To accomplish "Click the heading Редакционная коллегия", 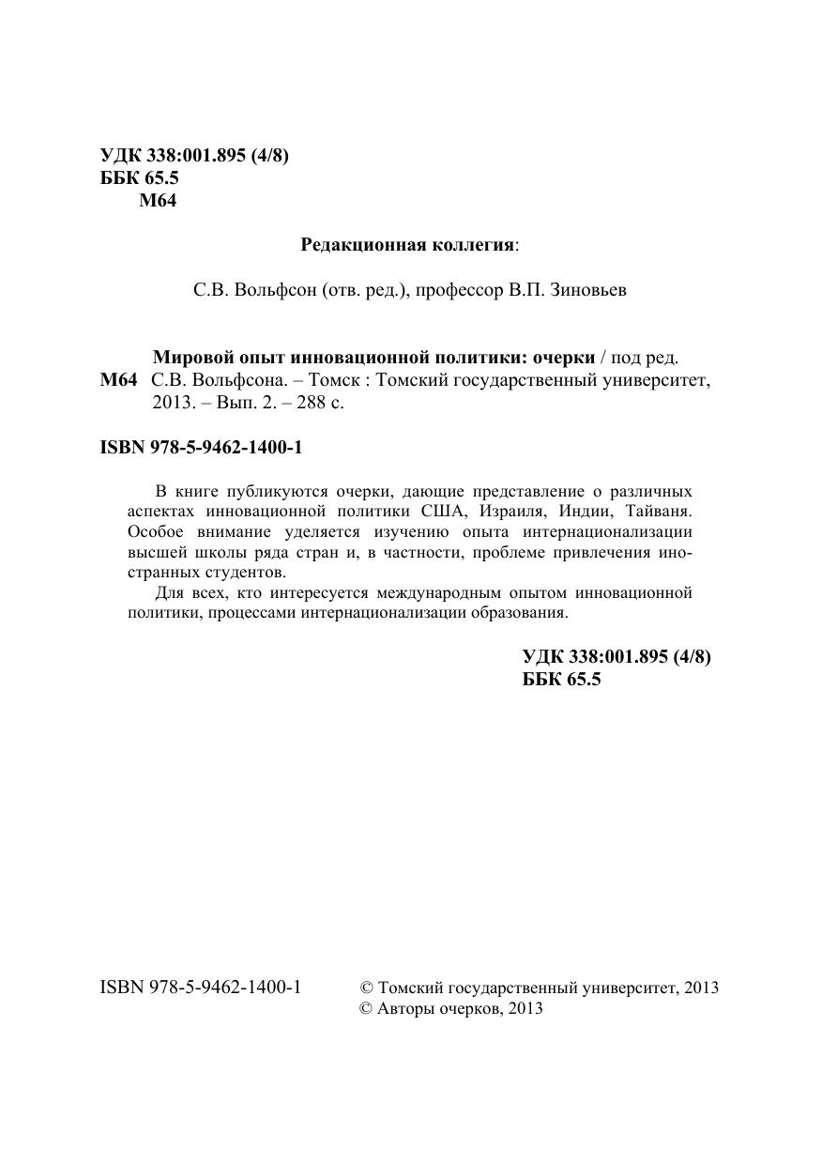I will pyautogui.click(x=407, y=246).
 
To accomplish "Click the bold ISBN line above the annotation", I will pyautogui.click(x=201, y=448).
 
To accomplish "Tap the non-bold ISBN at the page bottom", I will pyautogui.click(x=200, y=988).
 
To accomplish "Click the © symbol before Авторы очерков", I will pyautogui.click(x=367, y=1009).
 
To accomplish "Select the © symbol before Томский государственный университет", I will pyautogui.click(x=367, y=988).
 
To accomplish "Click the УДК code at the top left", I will pyautogui.click(x=194, y=157).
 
